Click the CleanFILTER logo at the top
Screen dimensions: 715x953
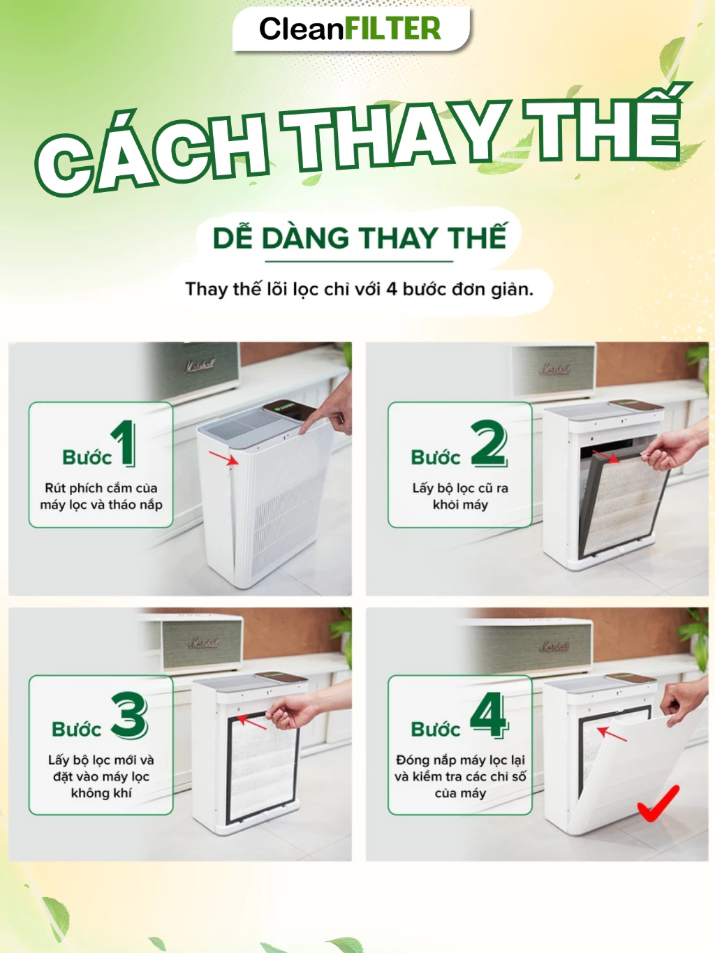tap(350, 29)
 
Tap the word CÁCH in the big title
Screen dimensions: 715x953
tap(152, 152)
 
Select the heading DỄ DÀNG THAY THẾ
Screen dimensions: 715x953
tap(360, 237)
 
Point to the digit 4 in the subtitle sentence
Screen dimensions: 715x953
tap(392, 290)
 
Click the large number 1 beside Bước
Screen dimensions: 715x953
tap(124, 443)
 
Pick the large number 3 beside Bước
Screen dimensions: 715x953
tap(129, 715)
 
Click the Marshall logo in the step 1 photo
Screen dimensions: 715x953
tap(200, 366)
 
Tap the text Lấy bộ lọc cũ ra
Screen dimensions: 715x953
tap(460, 488)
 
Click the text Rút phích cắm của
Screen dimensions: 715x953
tap(101, 488)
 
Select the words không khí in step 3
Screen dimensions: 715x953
tap(101, 793)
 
